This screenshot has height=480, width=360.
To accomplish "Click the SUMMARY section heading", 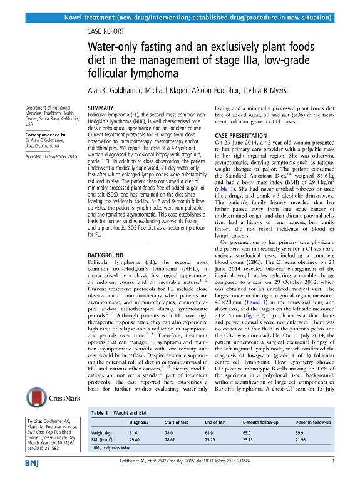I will click(x=101, y=108).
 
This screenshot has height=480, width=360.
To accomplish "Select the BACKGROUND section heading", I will click(x=107, y=238).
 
